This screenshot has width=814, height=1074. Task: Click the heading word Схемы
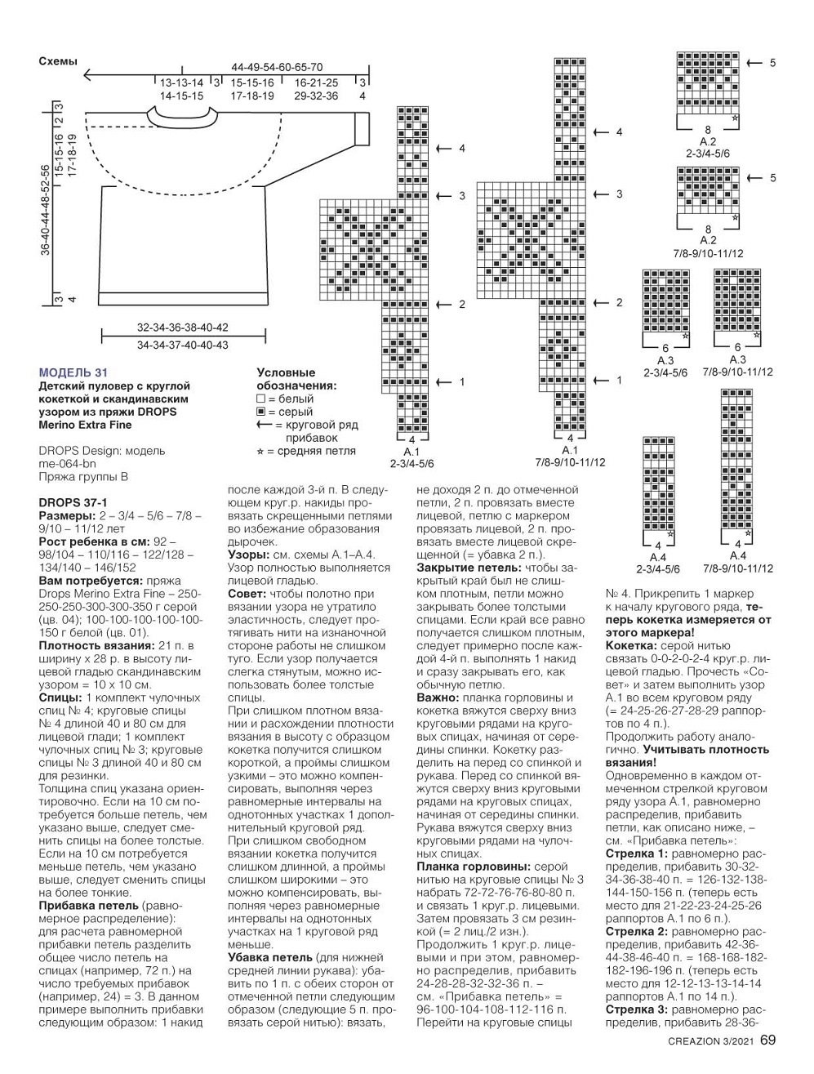tap(58, 61)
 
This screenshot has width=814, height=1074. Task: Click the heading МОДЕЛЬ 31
tap(73, 372)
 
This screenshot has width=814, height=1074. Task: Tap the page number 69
tap(768, 1041)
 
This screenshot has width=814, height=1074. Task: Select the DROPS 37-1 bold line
tap(73, 503)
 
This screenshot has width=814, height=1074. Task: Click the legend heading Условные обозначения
tap(286, 379)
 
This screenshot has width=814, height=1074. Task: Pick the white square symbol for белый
tap(261, 399)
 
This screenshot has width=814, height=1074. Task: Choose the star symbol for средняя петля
tap(261, 451)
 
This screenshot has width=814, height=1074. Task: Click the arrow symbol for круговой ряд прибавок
tap(264, 425)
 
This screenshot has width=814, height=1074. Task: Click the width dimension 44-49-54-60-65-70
tap(277, 67)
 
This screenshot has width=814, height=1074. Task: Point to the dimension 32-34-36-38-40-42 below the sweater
tap(183, 328)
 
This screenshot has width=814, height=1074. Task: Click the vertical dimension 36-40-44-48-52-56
tap(46, 211)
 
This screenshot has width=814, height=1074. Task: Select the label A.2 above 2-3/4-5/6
tap(708, 141)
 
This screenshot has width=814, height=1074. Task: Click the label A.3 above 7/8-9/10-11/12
tap(737, 360)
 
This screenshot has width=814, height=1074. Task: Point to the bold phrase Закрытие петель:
tap(462, 568)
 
